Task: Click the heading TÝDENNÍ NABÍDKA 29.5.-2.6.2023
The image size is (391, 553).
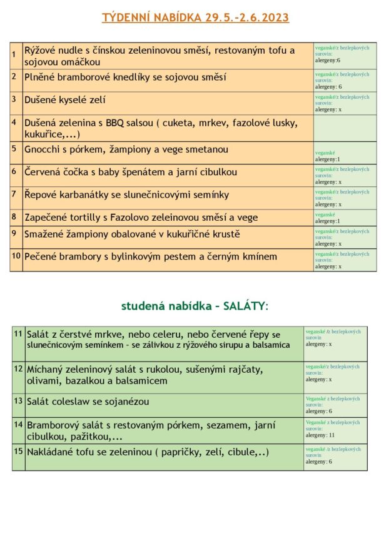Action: pyautogui.click(x=195, y=18)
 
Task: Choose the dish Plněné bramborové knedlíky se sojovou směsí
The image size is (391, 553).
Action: pyautogui.click(x=116, y=77)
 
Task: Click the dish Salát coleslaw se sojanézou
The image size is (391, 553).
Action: pyautogui.click(x=88, y=401)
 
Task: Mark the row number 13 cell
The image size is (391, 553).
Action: pyautogui.click(x=18, y=400)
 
